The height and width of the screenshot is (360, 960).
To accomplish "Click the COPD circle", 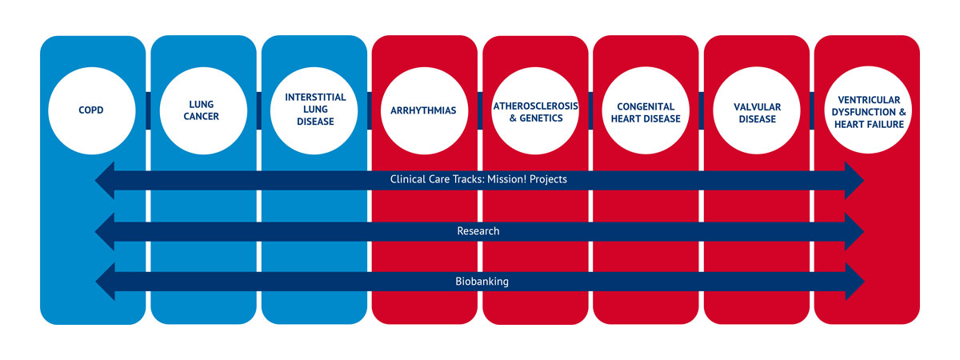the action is pos(92,110).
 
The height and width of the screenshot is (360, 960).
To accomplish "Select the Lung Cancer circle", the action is pos(203,110).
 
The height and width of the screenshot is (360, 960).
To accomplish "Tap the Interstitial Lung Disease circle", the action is pos(314,110).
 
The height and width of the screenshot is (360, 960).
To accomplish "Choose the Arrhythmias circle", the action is pos(424,110).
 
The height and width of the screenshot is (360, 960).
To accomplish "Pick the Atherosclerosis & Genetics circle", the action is pos(535,110).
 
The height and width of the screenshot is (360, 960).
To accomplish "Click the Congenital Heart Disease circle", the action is pos(646,110).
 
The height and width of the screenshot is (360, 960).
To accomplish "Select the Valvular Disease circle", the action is pos(757,110).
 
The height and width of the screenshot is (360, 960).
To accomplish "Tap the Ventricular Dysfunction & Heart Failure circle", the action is pos(868,110).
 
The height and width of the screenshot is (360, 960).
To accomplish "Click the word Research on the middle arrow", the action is pos(478,231).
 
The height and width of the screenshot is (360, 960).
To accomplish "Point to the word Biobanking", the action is pos(482,282).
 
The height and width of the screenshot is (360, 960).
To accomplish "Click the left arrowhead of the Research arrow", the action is pos(106,231).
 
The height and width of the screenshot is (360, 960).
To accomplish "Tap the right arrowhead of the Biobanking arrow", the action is pos(854,282).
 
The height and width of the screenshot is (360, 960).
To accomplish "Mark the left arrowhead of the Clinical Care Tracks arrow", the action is pos(106,181).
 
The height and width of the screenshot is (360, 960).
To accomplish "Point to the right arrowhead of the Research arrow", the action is pos(854,231).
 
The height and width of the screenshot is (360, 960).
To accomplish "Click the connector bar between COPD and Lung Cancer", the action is pos(148,110).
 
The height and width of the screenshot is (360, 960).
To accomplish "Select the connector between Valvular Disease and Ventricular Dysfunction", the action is pos(813,110).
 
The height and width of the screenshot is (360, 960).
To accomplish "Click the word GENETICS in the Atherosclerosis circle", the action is pos(542,118).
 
